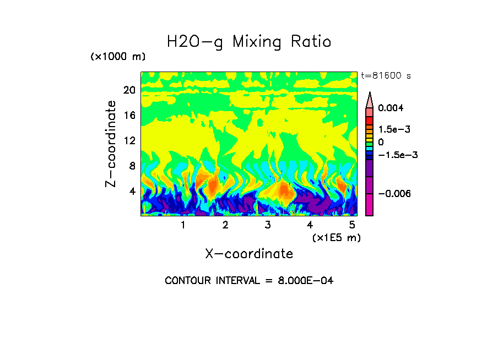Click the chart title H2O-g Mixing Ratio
coord(249,42)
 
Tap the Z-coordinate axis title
coord(111,144)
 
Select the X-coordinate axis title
coord(249,254)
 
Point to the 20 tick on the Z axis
coord(129,90)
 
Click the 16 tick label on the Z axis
coord(129,115)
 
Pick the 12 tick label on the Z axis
coord(129,140)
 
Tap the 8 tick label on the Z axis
coord(132,166)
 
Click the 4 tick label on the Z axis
coord(132,192)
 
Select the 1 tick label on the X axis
coord(183,225)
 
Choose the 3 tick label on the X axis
coord(268,225)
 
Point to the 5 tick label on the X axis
coord(351,225)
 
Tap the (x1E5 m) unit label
coord(336,238)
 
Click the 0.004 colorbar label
coord(391,108)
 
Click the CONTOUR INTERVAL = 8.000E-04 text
coord(249,281)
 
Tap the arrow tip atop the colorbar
coord(370,94)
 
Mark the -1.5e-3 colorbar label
coord(397,155)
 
